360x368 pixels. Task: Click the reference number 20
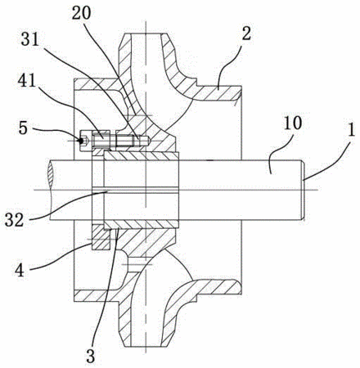click(81, 12)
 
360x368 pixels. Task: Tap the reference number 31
click(30, 40)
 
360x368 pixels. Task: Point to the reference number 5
click(23, 128)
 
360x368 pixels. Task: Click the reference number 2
click(246, 33)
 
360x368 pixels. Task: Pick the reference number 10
click(293, 123)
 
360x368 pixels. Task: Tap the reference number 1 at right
click(351, 130)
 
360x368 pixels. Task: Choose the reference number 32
click(14, 220)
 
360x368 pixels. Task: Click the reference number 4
click(20, 270)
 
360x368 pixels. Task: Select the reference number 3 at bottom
click(91, 355)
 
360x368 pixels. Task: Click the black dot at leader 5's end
click(81, 141)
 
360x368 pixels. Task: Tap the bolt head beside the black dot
click(86, 141)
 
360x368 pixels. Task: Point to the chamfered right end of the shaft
click(303, 190)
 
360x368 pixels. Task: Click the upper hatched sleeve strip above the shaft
click(142, 155)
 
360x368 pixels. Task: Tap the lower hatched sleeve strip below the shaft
click(142, 224)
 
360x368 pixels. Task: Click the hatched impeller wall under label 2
click(218, 92)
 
